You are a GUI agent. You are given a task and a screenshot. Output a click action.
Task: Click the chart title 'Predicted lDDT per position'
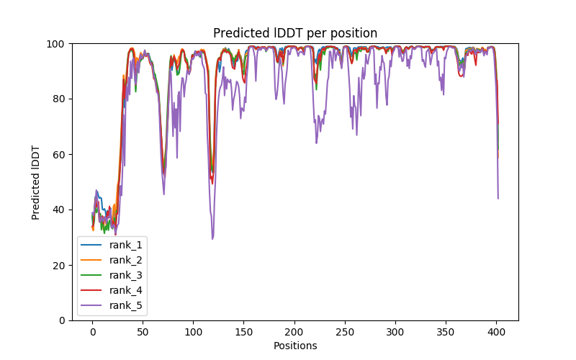pos(295,33)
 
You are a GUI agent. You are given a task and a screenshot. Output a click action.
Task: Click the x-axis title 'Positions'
pos(295,346)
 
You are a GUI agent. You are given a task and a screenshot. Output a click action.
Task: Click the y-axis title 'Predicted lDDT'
pos(36,182)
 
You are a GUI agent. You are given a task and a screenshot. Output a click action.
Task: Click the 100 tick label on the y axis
pos(57,44)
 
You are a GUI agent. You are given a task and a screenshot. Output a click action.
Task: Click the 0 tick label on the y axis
pos(62,320)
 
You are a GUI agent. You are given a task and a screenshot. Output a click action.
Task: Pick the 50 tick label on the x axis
pos(143,332)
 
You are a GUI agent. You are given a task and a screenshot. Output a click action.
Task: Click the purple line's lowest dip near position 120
pos(212,238)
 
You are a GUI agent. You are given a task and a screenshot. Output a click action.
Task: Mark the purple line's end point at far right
pos(498,198)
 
